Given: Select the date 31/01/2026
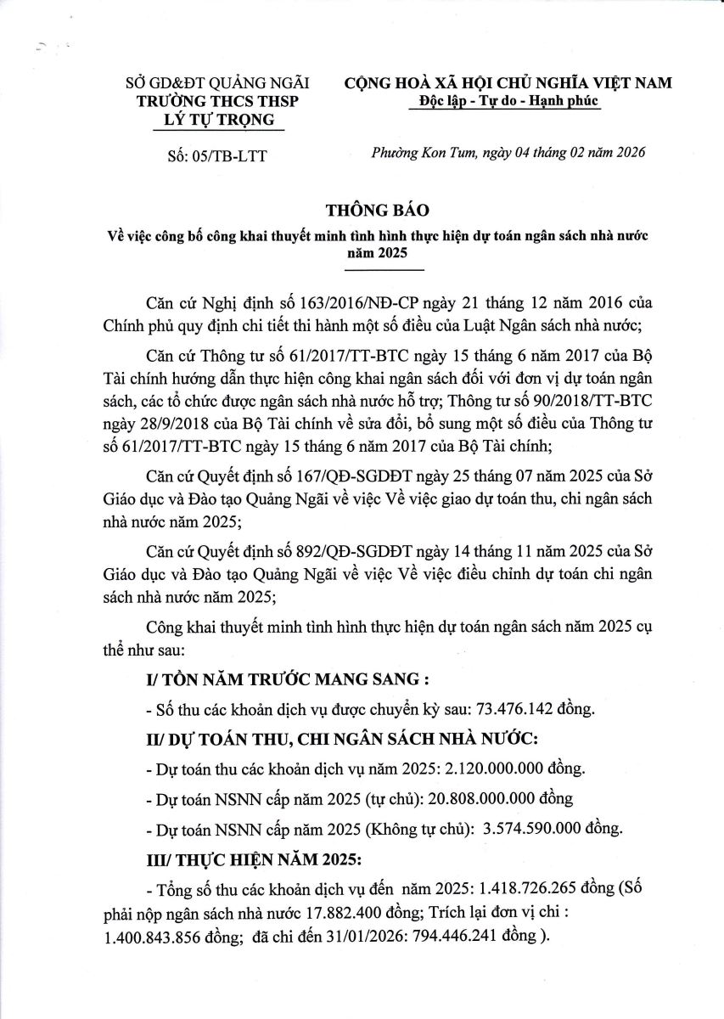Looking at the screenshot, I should point(346,937).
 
